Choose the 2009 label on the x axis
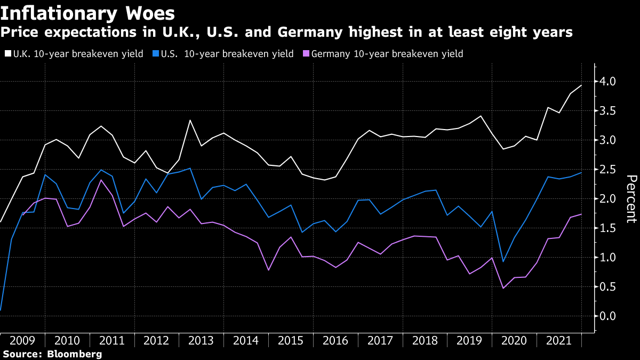pyautogui.click(x=22, y=340)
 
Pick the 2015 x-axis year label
pyautogui.click(x=291, y=340)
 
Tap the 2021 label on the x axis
pyautogui.click(x=559, y=340)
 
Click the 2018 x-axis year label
pyautogui.click(x=425, y=340)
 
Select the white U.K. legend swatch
pyautogui.click(x=7, y=54)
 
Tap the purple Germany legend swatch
pyautogui.click(x=305, y=54)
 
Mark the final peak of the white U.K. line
pyautogui.click(x=581, y=85)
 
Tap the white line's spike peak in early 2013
pyautogui.click(x=190, y=120)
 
